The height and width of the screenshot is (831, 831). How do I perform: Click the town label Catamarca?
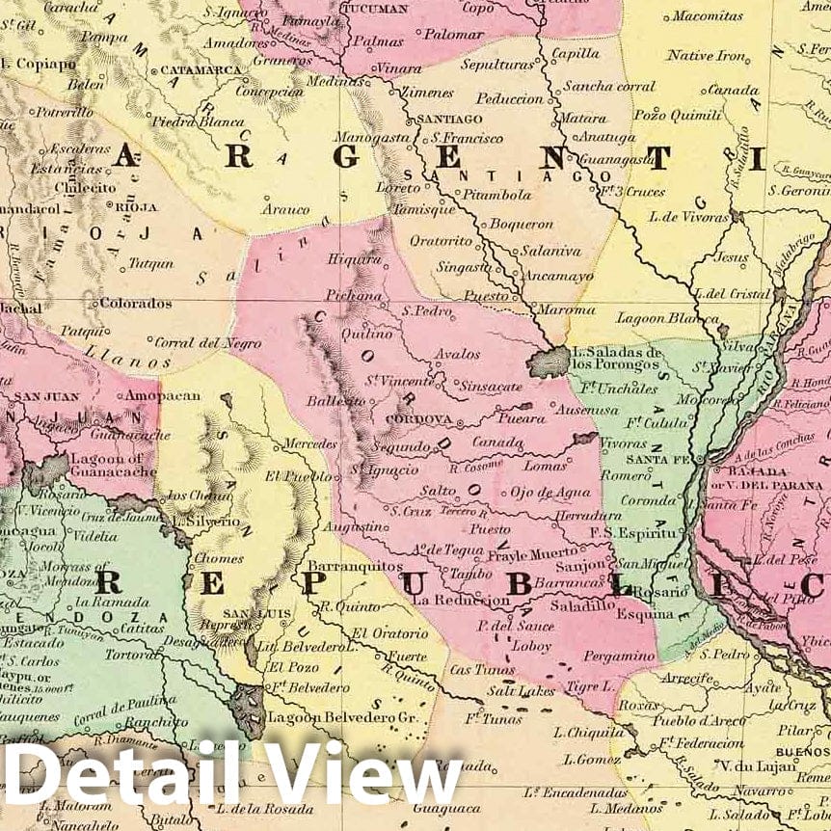[200, 70]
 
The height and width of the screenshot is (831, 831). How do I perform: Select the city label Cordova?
[419, 420]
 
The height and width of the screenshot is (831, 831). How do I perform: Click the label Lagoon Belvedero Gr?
[333, 718]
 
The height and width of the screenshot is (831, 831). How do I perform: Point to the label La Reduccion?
[460, 600]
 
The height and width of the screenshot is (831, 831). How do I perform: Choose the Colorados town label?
[136, 303]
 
